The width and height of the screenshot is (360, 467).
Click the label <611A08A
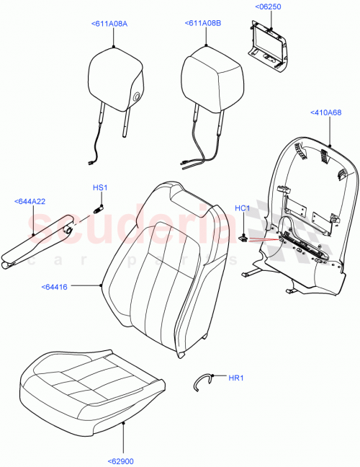tap(109, 24)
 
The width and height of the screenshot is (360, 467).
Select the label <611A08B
tap(202, 24)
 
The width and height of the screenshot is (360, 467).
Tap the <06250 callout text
tap(268, 7)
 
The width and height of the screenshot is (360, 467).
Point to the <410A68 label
tap(326, 112)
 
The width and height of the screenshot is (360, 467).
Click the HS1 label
tap(99, 188)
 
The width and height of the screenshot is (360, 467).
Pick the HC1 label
tap(242, 208)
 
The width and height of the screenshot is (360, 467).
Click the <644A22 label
tap(30, 201)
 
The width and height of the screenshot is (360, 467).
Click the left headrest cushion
tap(115, 78)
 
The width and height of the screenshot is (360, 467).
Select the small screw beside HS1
tap(98, 208)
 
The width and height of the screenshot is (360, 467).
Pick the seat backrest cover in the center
tap(162, 270)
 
